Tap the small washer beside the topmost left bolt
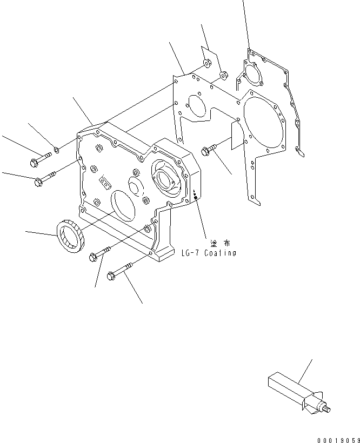pyautogui.click(x=57, y=149)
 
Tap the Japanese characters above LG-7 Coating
pyautogui.click(x=216, y=243)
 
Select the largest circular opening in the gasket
pyautogui.click(x=261, y=124)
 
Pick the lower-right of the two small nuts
pyautogui.click(x=223, y=74)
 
